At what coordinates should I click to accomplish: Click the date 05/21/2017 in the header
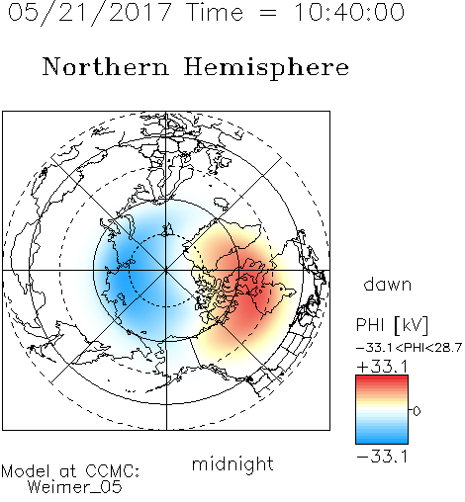[x=89, y=12]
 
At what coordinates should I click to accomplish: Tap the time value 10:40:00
[x=349, y=12]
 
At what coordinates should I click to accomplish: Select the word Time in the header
[x=215, y=12]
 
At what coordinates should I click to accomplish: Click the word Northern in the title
[x=106, y=66]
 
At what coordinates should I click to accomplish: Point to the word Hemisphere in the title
[x=266, y=68]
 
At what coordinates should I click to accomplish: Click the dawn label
[x=387, y=284]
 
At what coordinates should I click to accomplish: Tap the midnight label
[x=232, y=463]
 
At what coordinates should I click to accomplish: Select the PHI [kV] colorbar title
[x=392, y=325]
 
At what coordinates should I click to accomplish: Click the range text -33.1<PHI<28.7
[x=409, y=348]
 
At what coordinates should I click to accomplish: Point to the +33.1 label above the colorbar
[x=382, y=367]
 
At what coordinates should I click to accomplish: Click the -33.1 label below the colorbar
[x=382, y=457]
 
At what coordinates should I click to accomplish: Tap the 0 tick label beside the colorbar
[x=417, y=411]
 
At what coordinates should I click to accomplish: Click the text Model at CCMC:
[x=70, y=471]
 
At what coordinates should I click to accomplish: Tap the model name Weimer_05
[x=75, y=487]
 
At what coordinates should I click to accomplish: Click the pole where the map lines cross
[x=166, y=270]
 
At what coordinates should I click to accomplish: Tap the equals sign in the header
[x=268, y=13]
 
